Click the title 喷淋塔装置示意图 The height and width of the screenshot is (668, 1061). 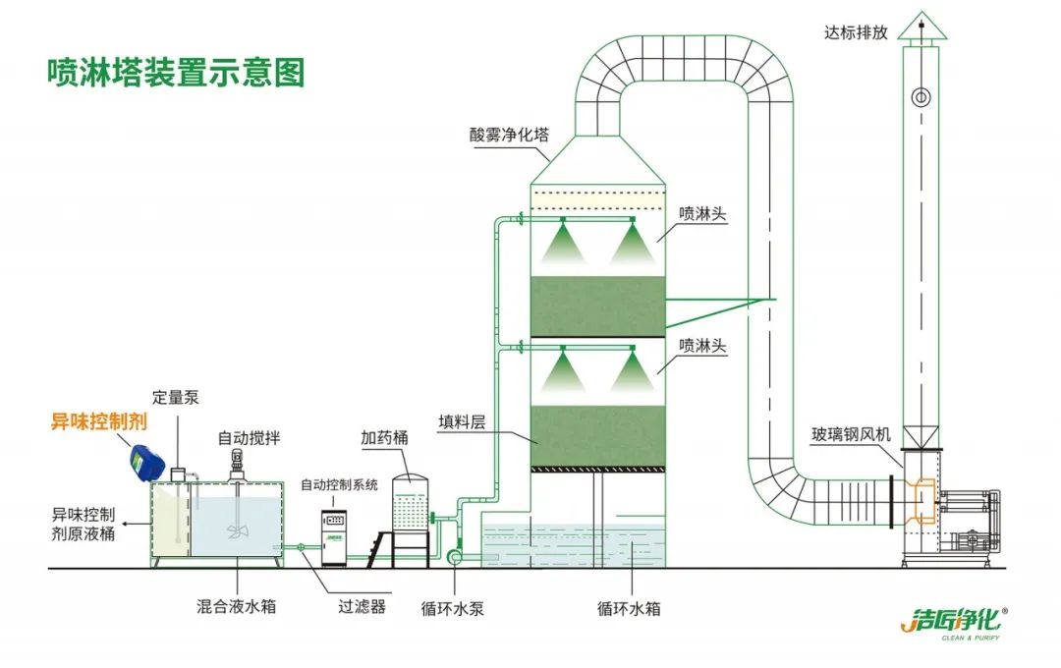[x=177, y=72]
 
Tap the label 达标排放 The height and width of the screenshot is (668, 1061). [x=856, y=32]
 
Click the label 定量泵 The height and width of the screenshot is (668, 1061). [x=176, y=397]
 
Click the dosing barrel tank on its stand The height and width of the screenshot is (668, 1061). [x=412, y=506]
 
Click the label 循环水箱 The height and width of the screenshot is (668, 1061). [x=629, y=608]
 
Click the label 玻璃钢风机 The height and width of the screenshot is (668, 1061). [x=852, y=433]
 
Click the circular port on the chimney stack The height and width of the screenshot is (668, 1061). [x=921, y=96]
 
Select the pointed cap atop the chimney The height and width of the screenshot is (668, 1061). [x=921, y=27]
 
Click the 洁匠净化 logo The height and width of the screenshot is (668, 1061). [x=953, y=621]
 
